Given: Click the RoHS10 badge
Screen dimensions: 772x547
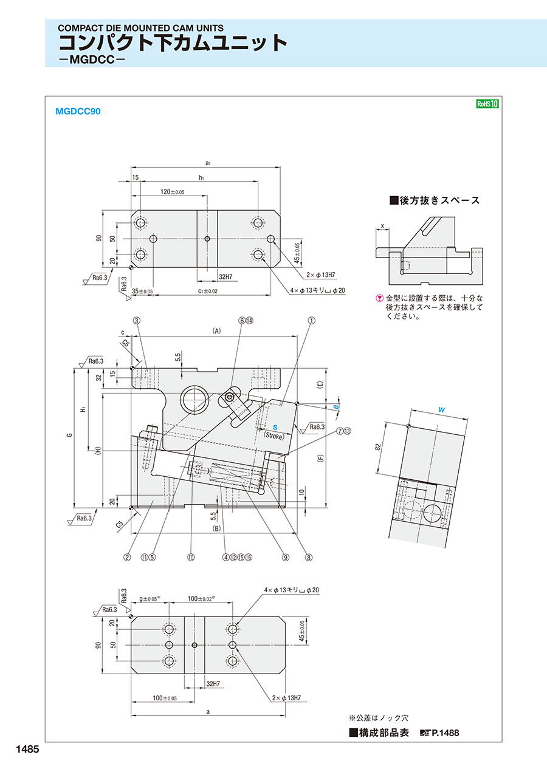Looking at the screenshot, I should (x=487, y=104).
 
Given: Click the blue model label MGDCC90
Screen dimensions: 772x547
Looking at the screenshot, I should (x=78, y=111).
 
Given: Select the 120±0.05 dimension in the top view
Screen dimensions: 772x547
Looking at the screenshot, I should (x=173, y=191).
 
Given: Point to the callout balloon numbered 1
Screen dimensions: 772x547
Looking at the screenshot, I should (x=312, y=319).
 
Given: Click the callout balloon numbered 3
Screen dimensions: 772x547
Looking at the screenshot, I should (x=137, y=319).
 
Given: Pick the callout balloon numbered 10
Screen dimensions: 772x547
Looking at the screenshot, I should (x=190, y=556).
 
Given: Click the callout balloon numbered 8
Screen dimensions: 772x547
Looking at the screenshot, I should (x=309, y=556).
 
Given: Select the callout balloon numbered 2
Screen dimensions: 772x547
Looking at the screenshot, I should (x=128, y=556).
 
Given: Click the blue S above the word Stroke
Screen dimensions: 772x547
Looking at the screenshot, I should (x=274, y=428).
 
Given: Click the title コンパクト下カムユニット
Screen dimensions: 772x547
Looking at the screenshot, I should (x=173, y=43).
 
